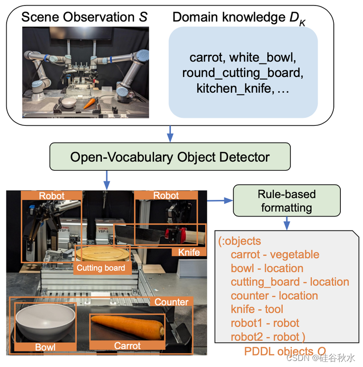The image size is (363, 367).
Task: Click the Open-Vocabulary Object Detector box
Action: [170, 157]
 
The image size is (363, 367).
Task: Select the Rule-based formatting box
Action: [286, 201]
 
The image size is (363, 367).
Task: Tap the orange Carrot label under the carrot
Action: [127, 346]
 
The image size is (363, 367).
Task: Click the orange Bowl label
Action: [45, 347]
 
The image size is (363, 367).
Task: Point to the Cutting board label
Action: [100, 268]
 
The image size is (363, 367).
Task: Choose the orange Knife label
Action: [190, 252]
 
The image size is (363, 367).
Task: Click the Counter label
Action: [171, 302]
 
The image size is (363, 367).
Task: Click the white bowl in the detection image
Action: [45, 321]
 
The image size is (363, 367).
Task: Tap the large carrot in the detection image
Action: [127, 328]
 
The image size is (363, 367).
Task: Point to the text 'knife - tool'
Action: [257, 309]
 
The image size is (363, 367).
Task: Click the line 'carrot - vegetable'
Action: [275, 255]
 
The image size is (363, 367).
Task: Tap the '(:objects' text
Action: [239, 241]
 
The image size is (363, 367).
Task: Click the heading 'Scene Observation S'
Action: [84, 18]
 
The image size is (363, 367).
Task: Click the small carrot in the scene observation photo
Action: [90, 103]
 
